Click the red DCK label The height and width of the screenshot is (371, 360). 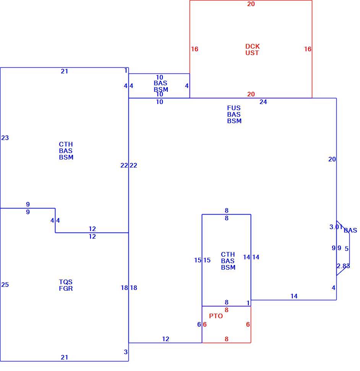tap(253, 46)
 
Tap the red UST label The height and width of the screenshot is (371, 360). tap(252, 53)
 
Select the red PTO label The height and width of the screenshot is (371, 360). tap(216, 316)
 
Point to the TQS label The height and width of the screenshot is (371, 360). tap(66, 282)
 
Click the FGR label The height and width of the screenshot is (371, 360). tap(66, 289)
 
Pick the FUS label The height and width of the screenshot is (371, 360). tap(234, 108)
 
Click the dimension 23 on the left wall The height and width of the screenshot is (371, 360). tap(5, 138)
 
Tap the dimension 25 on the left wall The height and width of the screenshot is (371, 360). tap(5, 285)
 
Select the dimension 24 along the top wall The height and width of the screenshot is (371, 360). tap(263, 102)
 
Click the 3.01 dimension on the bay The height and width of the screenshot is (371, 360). tap(336, 227)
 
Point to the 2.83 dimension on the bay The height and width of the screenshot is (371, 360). tap(343, 266)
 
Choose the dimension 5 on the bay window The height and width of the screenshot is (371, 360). tap(347, 249)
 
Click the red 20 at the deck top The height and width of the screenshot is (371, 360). tap(251, 4)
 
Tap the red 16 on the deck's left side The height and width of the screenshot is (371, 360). tap(195, 49)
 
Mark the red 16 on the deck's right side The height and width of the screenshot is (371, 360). tap(308, 49)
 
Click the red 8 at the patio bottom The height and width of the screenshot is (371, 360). tap(227, 339)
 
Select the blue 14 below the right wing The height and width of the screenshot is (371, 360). tap(294, 296)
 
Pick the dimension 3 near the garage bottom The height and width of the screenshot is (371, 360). tap(126, 352)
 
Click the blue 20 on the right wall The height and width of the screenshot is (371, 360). tap(332, 159)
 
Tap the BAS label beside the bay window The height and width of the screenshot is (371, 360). tap(350, 231)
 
